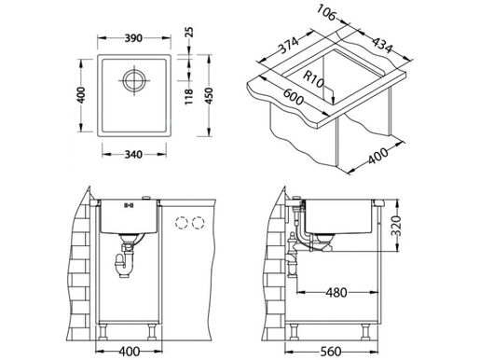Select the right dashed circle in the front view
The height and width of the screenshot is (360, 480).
[x=198, y=224]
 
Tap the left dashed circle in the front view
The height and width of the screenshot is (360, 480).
[x=179, y=224]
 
